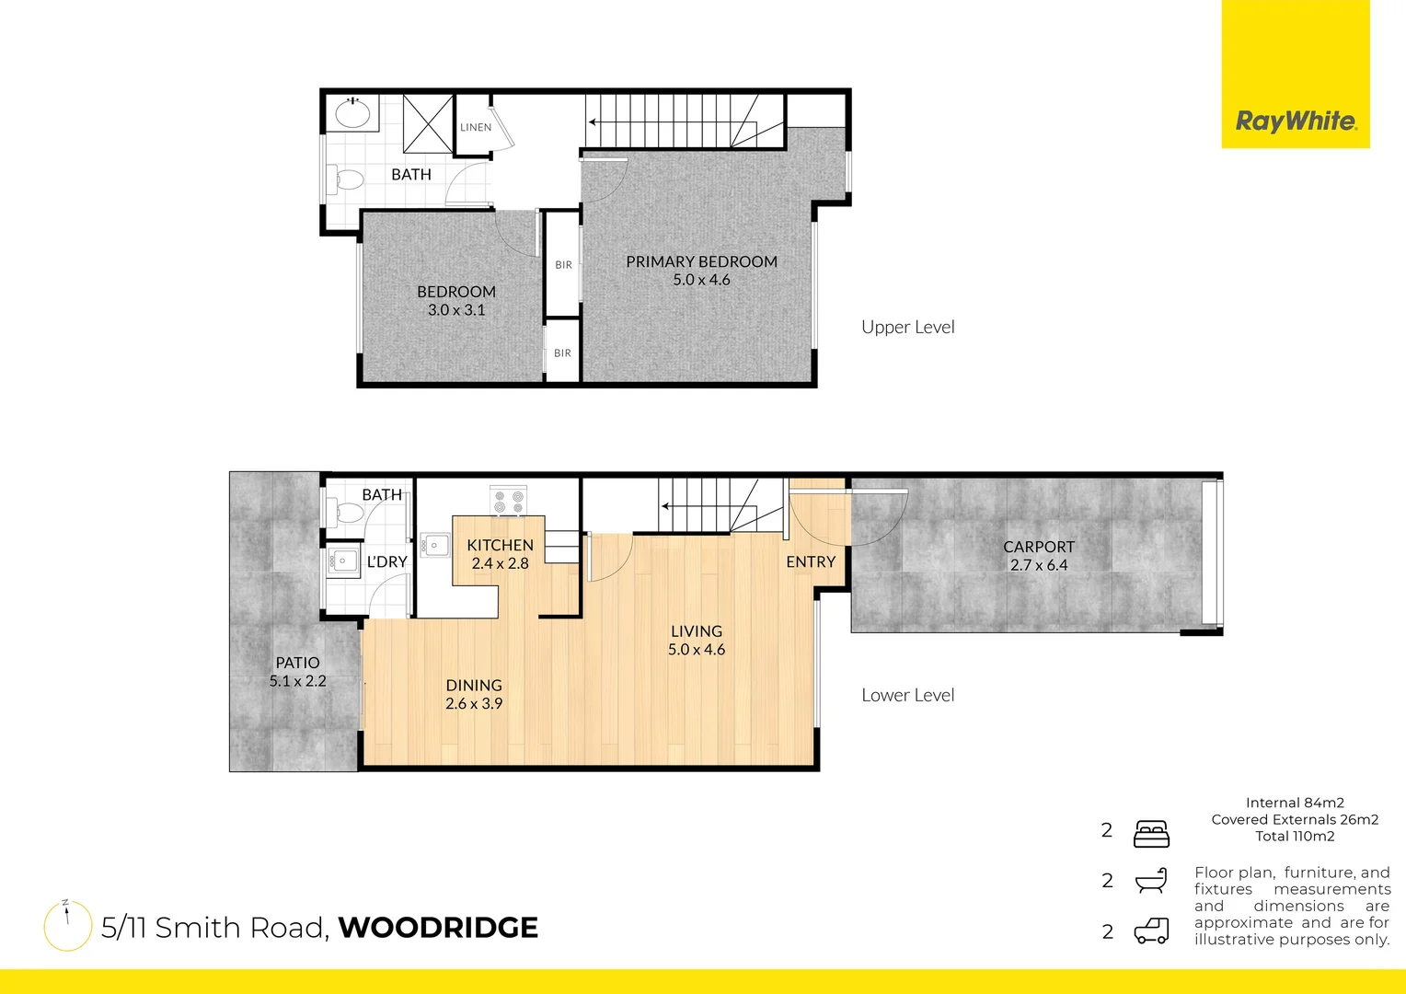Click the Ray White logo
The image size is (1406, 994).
click(1296, 121)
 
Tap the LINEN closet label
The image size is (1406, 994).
click(476, 127)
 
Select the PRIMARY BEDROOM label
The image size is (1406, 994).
click(701, 262)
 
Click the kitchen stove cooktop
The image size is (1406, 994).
click(508, 501)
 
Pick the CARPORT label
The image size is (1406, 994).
click(1039, 547)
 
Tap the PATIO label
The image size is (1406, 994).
click(297, 663)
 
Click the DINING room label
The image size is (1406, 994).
click(474, 686)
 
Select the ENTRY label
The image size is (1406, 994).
click(811, 561)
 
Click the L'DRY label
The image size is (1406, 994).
click(386, 561)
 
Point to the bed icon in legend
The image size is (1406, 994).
click(1151, 833)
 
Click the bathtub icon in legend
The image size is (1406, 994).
click(1151, 881)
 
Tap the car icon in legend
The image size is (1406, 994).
click(1151, 931)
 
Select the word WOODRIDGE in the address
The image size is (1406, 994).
click(438, 928)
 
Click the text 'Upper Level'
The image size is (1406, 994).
click(907, 327)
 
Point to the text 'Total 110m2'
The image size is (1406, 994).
click(1295, 836)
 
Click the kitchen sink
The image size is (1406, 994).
click(433, 546)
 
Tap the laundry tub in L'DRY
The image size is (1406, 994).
click(344, 561)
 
